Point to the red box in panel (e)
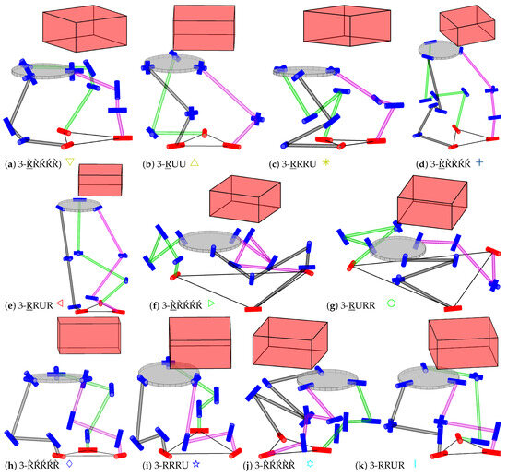pyautogui.click(x=100, y=179)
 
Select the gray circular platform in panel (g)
pyautogui.click(x=397, y=247)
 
